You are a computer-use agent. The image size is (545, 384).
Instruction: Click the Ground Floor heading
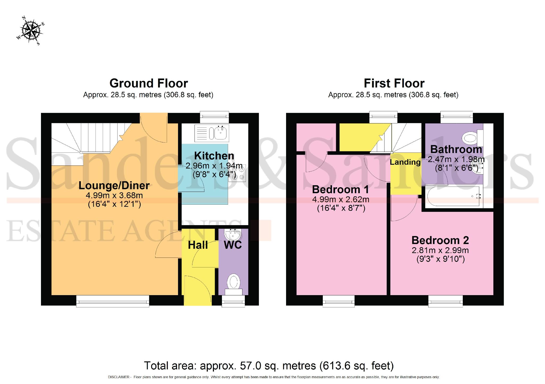(x=148, y=83)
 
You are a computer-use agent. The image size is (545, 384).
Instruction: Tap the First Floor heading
(x=394, y=83)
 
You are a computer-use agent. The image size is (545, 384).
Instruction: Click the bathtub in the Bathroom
(x=454, y=196)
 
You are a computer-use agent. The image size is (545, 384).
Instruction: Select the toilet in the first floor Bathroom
(x=472, y=138)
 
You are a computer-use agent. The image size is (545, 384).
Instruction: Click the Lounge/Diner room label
(x=114, y=185)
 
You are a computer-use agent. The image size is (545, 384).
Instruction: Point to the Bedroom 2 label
(x=440, y=240)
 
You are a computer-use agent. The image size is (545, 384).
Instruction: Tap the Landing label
(x=405, y=162)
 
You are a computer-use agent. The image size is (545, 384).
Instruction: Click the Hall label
(x=198, y=245)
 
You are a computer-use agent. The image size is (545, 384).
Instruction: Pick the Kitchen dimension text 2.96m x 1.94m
(x=214, y=166)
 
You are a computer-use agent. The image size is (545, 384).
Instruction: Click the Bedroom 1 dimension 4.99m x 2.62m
(x=341, y=199)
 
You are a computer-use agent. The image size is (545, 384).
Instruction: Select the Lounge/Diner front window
(x=113, y=301)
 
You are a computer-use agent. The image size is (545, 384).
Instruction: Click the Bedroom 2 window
(x=445, y=301)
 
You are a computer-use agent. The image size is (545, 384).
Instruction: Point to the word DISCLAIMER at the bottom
(x=118, y=377)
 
